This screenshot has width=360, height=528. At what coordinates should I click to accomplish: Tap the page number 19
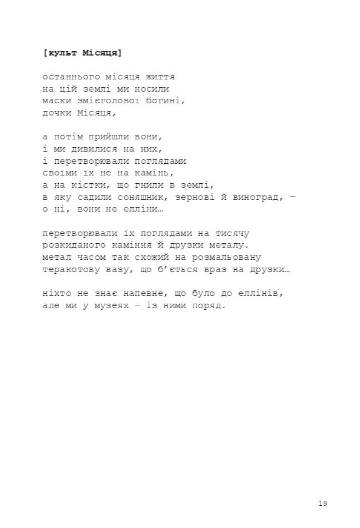[323, 504]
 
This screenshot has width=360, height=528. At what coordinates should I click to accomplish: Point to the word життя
[160, 77]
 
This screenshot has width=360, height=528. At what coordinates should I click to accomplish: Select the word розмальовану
[226, 258]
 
